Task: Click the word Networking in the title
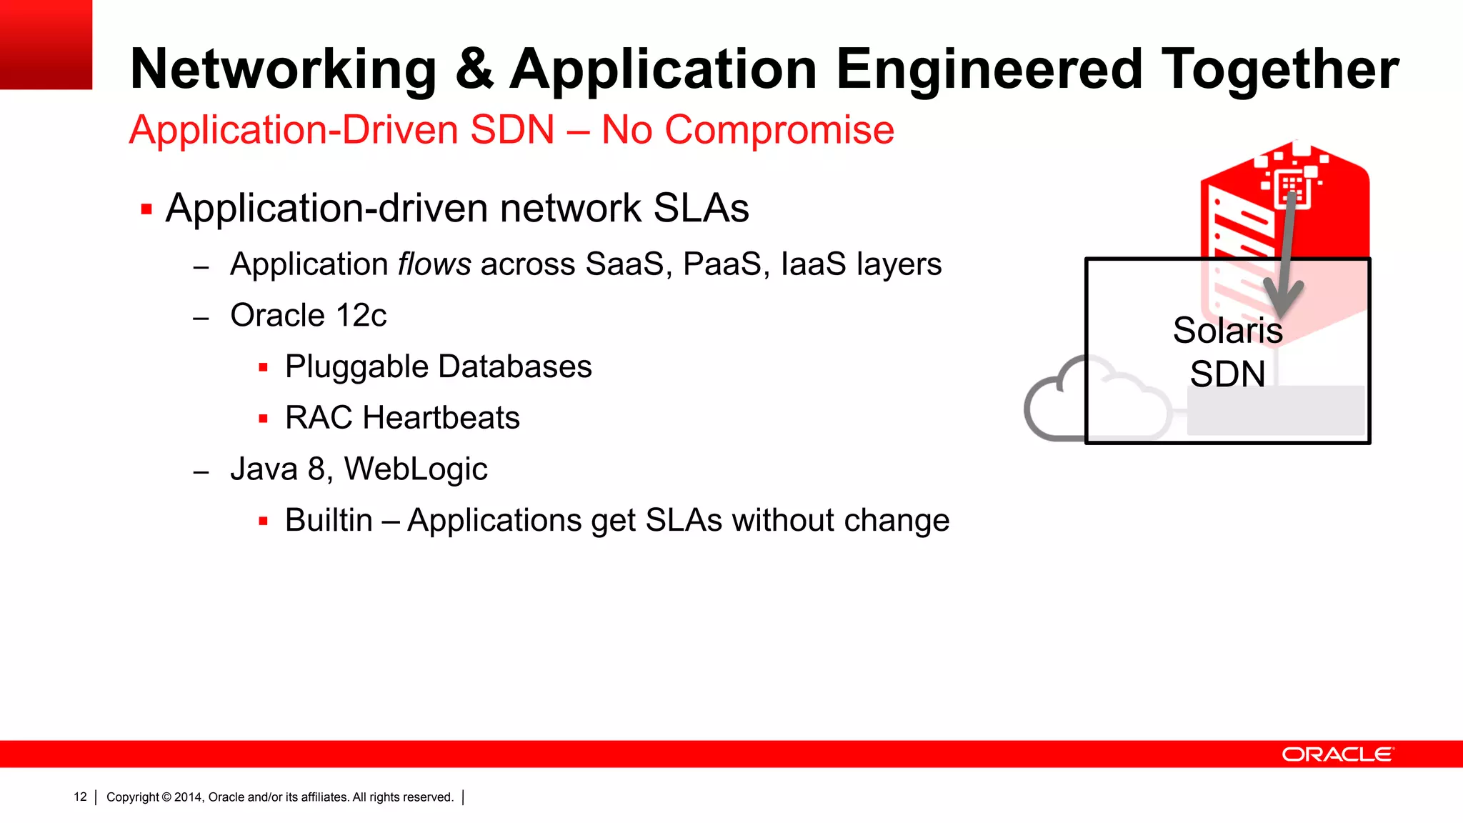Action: [x=283, y=70]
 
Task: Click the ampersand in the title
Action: [x=474, y=70]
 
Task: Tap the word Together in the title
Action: [x=1279, y=70]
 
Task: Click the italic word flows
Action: [x=434, y=264]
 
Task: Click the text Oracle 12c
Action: [x=308, y=316]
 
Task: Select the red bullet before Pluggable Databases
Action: [x=263, y=368]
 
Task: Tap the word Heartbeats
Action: [x=441, y=418]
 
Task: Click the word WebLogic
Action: [x=416, y=469]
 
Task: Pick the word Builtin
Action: [x=329, y=521]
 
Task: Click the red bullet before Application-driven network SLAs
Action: [x=146, y=209]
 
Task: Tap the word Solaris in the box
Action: [x=1227, y=331]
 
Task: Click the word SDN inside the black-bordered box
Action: [x=1227, y=374]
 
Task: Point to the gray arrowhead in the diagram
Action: [x=1282, y=297]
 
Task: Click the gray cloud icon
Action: [x=1057, y=404]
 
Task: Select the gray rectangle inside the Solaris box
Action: [x=1275, y=411]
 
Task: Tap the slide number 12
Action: [x=80, y=797]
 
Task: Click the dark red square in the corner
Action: [x=46, y=44]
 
